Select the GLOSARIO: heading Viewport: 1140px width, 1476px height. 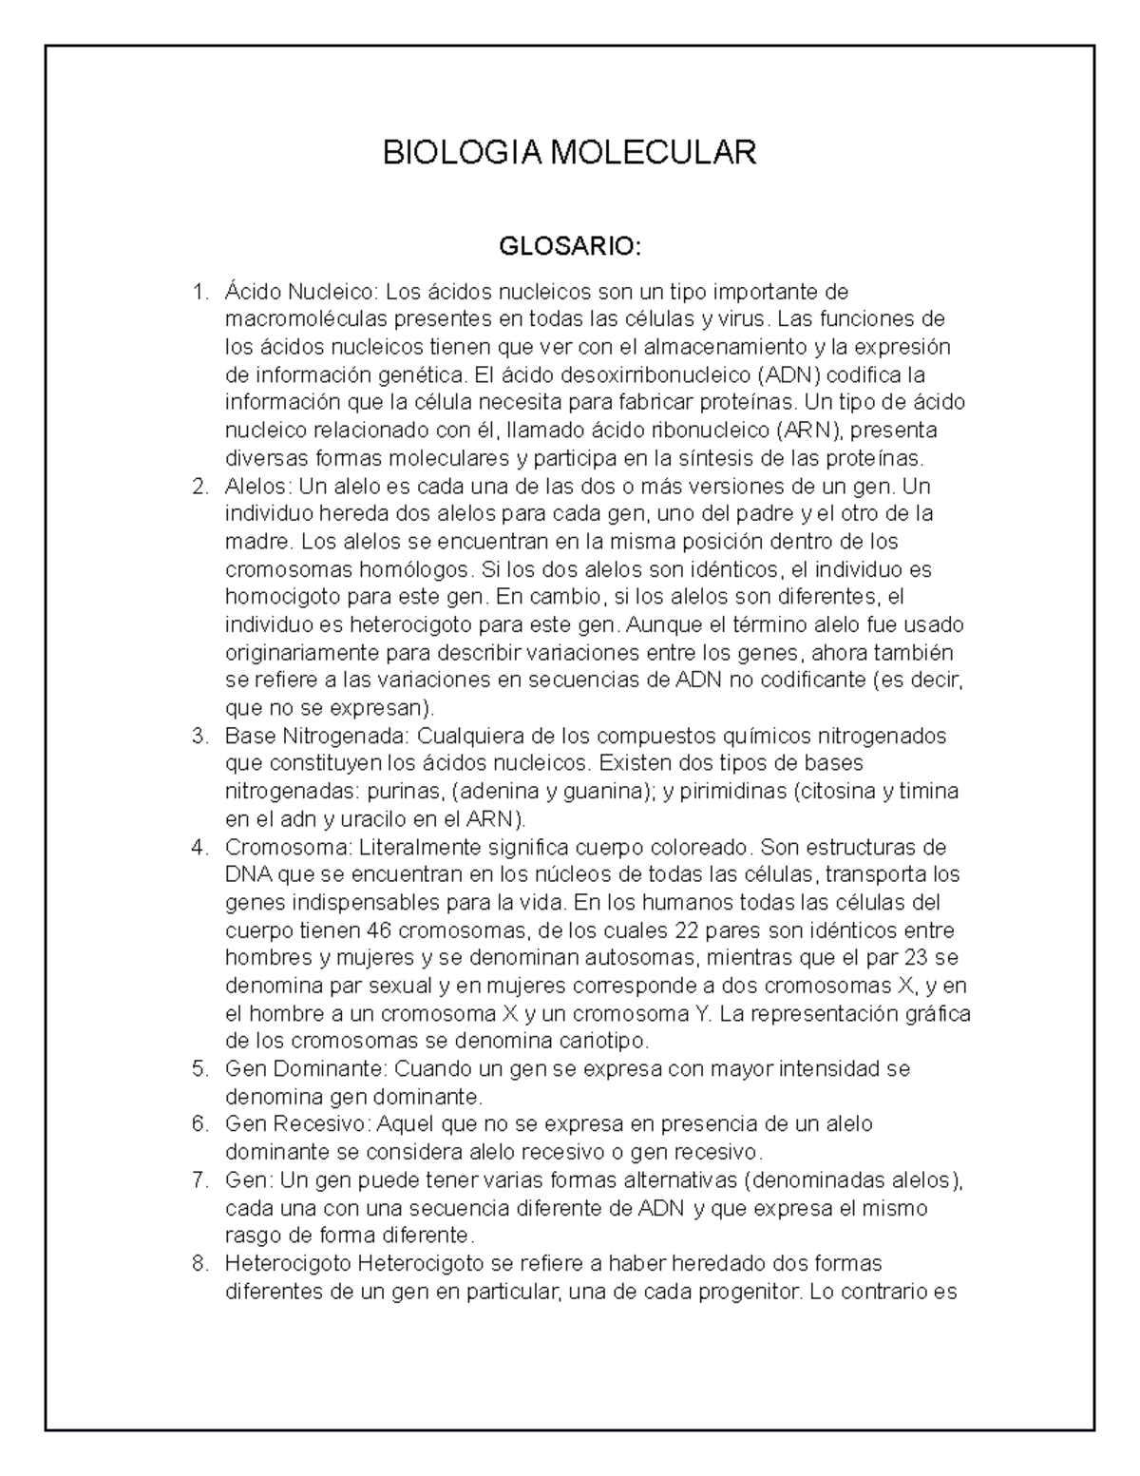pyautogui.click(x=570, y=248)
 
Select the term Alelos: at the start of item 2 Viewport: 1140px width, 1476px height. pyautogui.click(x=258, y=487)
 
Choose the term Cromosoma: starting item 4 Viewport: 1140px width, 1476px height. pyautogui.click(x=275, y=847)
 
